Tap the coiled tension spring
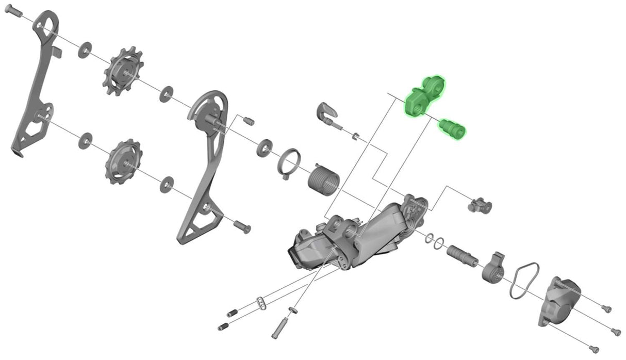point(323,180)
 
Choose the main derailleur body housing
point(356,235)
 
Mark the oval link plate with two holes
point(261,303)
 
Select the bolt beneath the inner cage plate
point(242,225)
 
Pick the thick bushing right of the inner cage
point(265,147)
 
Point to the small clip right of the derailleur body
point(479,206)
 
